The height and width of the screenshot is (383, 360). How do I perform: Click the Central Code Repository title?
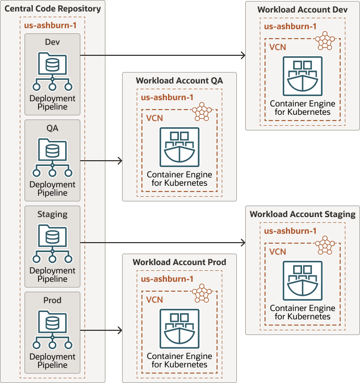(x=53, y=9)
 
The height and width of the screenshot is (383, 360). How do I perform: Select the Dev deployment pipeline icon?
(x=52, y=71)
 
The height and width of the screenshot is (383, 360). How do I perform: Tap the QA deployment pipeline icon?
(x=52, y=158)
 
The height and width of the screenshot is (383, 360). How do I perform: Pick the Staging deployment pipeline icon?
(x=52, y=244)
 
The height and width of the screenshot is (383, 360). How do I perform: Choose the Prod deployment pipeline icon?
(x=52, y=330)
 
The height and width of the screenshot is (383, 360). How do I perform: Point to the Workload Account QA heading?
(x=179, y=81)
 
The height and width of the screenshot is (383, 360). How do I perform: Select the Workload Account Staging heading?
(x=302, y=214)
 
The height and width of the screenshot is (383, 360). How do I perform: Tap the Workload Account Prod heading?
(x=179, y=262)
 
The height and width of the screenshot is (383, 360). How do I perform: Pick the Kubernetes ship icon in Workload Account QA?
(x=179, y=147)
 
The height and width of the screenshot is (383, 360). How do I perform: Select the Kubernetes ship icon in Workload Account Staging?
(x=302, y=280)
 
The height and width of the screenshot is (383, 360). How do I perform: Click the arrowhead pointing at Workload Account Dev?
(x=243, y=55)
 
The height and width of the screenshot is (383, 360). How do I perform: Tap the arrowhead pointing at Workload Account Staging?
(x=243, y=243)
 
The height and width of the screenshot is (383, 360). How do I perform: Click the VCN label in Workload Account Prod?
(x=154, y=300)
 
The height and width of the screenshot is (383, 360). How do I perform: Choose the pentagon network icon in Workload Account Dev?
(x=326, y=41)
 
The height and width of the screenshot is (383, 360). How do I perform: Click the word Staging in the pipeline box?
(x=52, y=214)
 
